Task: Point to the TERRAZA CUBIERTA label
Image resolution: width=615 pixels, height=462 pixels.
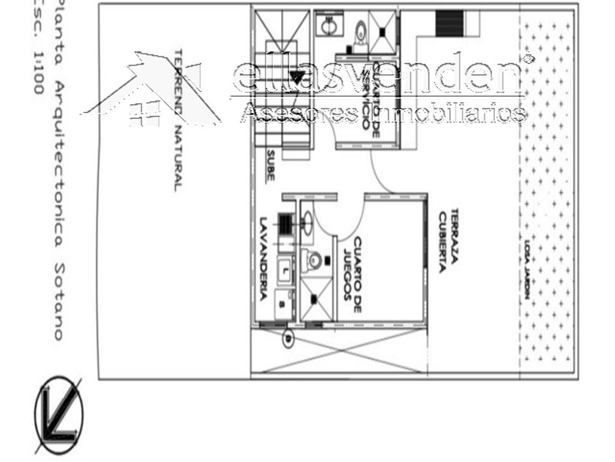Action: pos(449,241)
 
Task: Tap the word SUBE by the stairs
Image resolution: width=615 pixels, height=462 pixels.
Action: pos(270,166)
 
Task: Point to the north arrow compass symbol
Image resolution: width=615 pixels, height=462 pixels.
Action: pos(59,414)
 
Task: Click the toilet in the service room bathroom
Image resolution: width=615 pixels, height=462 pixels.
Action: pos(360,32)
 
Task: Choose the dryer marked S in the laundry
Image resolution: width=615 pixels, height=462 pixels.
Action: pos(283,301)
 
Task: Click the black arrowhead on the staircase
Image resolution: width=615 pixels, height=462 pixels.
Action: pos(297,76)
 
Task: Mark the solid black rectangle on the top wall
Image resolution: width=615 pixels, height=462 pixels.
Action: pos(449,23)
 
